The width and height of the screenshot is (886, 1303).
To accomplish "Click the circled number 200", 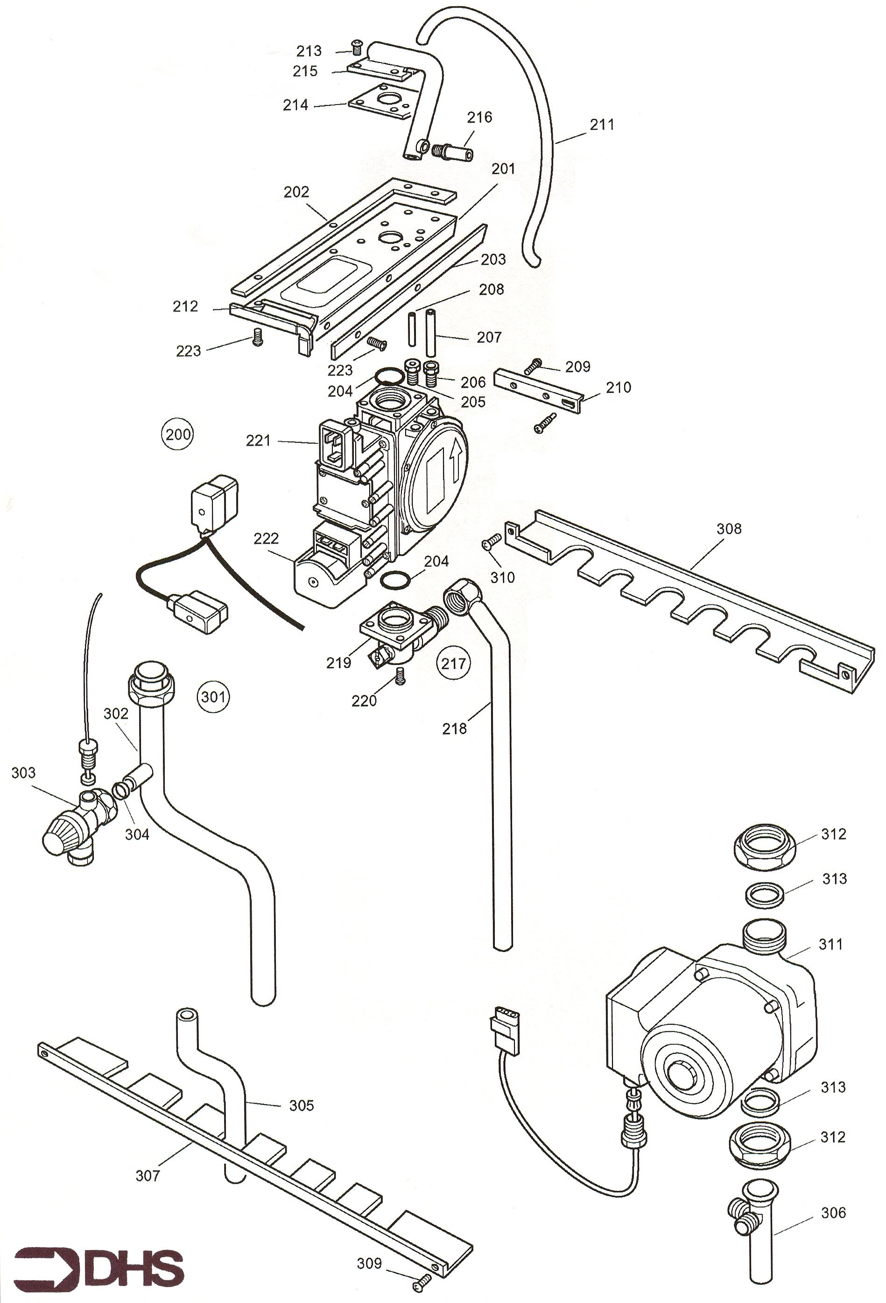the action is [178, 434].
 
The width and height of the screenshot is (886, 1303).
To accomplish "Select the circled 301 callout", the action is [214, 696].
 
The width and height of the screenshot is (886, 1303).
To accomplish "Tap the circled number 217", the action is [453, 663].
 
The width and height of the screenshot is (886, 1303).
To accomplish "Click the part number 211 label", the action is [602, 124].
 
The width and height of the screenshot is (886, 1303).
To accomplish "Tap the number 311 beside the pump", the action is [830, 944].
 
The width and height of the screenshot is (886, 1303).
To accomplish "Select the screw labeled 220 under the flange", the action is [400, 677].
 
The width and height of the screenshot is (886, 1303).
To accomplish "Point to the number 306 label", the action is [833, 1213].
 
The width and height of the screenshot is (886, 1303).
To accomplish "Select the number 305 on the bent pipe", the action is [301, 1105].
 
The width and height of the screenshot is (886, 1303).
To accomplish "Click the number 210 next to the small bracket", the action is [618, 387].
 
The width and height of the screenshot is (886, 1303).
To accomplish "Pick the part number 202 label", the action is [296, 192].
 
